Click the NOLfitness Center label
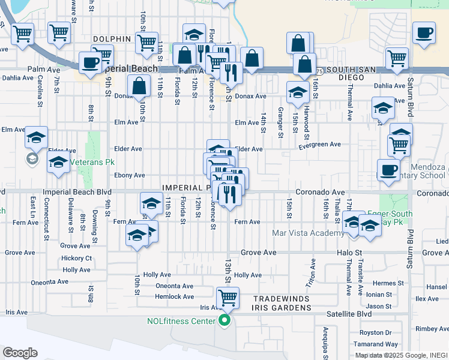181,321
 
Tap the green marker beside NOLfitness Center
224,321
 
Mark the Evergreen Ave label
319,145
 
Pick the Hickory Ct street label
76,259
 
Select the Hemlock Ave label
174,296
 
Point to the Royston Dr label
375,332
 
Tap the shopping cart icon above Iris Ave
228,297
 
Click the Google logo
20,353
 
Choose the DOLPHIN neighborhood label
112,39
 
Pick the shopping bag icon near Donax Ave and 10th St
139,86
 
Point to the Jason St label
379,307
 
